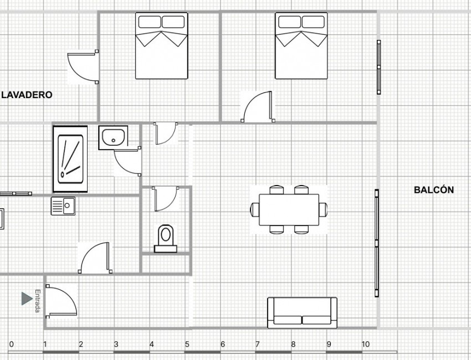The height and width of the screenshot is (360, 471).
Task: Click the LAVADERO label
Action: point(27,95)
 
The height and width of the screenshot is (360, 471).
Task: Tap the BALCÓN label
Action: point(434,190)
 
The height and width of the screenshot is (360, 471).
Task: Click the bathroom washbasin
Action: point(114,137)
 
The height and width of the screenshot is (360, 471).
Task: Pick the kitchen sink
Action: point(63,206)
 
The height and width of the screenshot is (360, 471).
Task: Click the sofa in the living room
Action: point(302,312)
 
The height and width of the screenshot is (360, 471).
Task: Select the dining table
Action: point(289,210)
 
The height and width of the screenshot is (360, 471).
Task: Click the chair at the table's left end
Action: point(255,210)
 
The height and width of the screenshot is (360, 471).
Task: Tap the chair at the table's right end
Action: point(323,210)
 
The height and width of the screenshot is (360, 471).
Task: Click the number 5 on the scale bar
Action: point(187,344)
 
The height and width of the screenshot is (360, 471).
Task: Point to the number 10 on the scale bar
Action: point(365,344)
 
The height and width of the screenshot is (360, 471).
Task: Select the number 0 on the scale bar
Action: point(12,344)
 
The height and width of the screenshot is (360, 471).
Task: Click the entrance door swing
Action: point(61,301)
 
